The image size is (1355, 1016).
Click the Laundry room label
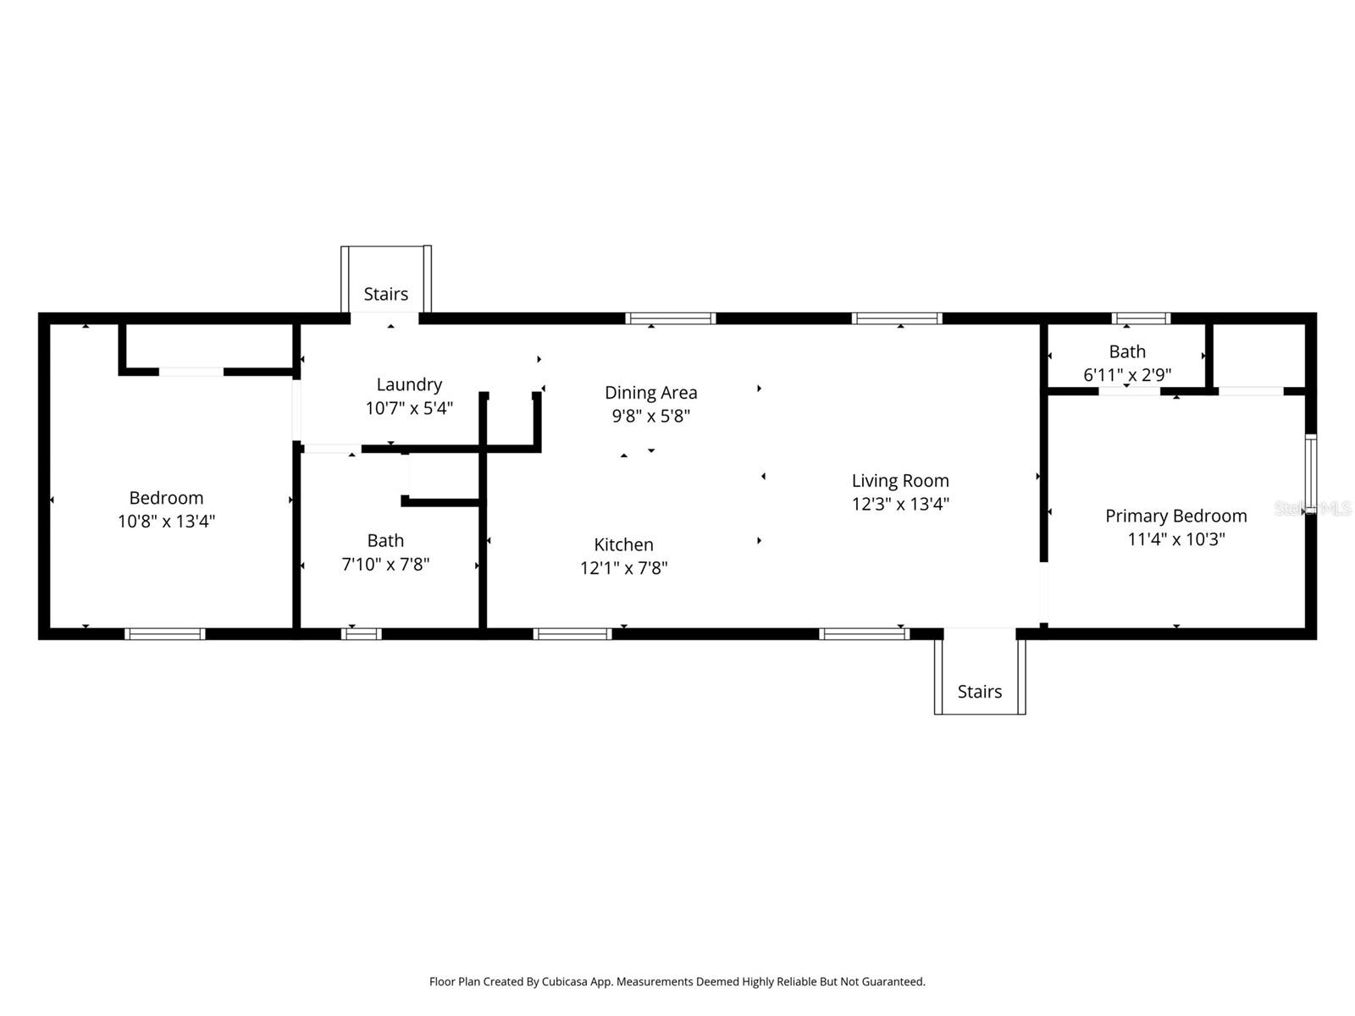[x=409, y=384]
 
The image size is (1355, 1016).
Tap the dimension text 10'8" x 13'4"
[x=166, y=521]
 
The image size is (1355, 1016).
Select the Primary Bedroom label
[x=1175, y=516]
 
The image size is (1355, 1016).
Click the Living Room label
[x=899, y=481]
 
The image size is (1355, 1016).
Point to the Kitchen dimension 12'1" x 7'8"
[x=623, y=568]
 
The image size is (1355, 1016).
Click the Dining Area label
[x=650, y=393]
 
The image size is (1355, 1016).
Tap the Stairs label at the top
[x=385, y=294]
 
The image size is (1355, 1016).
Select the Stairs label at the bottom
[x=979, y=692]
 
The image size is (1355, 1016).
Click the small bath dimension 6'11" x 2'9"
[x=1126, y=375]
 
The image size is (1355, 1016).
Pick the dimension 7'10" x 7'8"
[x=385, y=564]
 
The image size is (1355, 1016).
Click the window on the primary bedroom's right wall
[x=1310, y=474]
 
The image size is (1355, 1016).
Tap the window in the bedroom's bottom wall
[x=165, y=634]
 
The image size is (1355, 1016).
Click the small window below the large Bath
[x=362, y=634]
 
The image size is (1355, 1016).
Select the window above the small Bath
[x=1141, y=318]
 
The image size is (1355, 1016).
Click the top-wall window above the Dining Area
[x=670, y=318]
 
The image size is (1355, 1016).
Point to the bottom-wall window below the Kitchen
[x=572, y=634]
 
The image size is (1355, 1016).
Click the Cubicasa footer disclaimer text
[x=677, y=982]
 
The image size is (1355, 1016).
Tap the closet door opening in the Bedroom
[x=191, y=372]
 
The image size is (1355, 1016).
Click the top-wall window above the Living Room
[x=896, y=318]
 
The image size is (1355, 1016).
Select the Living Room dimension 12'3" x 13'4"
[x=899, y=505]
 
